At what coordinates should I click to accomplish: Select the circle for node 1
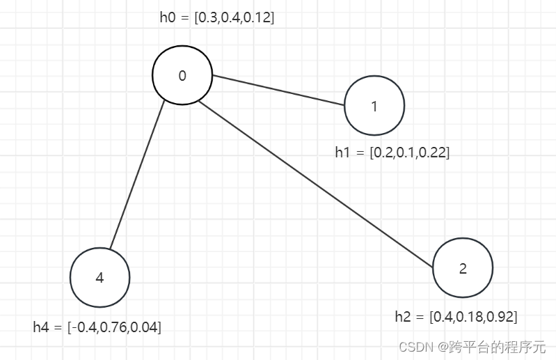374,106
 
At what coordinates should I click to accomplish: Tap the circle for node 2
463,269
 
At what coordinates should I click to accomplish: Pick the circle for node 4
100,277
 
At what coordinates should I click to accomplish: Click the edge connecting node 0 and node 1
278,90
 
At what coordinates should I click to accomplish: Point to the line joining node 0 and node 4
137,174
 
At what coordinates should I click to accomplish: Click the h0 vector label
217,18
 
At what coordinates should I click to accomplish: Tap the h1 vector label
392,152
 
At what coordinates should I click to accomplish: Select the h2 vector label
456,317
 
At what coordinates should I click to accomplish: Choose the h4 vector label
97,327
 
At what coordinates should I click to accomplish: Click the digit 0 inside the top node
182,76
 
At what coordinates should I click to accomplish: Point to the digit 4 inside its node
100,278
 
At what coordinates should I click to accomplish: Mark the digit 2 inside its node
463,269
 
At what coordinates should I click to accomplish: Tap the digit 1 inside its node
374,107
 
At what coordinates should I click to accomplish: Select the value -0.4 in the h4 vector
85,327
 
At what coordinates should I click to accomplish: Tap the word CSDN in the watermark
415,346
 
